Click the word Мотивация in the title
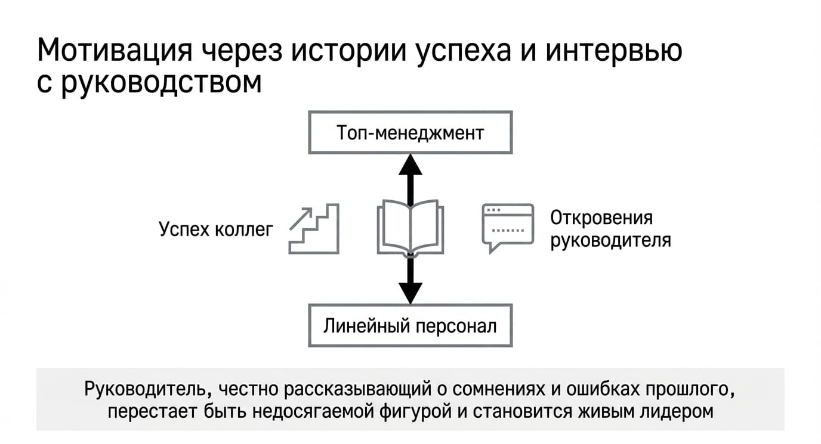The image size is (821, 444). click(x=115, y=50)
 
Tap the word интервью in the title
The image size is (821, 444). click(x=614, y=50)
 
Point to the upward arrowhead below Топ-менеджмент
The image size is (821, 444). click(x=410, y=164)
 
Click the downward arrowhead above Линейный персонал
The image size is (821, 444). click(x=410, y=293)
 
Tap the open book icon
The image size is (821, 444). click(x=410, y=228)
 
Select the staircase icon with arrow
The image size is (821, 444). click(x=314, y=229)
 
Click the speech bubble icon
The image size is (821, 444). click(x=508, y=228)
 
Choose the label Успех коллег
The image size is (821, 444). click(x=216, y=229)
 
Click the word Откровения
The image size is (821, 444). click(x=601, y=218)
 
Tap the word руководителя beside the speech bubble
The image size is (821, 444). click(x=610, y=241)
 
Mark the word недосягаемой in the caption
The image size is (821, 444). click(x=313, y=411)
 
